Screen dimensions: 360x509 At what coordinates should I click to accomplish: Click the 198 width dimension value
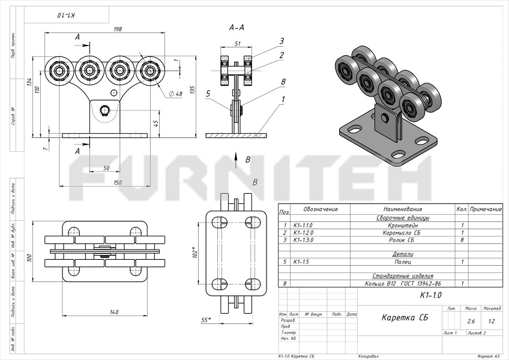click(118, 29)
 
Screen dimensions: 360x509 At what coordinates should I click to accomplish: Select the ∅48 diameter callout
click(176, 94)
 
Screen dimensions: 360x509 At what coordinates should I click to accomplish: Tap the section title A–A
click(236, 27)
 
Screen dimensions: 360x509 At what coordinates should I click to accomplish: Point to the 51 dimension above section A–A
click(238, 43)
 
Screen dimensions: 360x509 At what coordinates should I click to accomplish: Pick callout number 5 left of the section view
click(207, 94)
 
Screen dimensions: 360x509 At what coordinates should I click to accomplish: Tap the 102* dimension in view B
click(194, 253)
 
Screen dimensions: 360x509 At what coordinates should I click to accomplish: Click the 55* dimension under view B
click(206, 320)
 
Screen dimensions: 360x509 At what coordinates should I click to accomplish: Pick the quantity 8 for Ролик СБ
click(462, 239)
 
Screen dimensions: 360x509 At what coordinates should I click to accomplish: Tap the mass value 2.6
click(471, 321)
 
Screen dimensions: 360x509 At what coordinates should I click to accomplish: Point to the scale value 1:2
click(492, 321)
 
